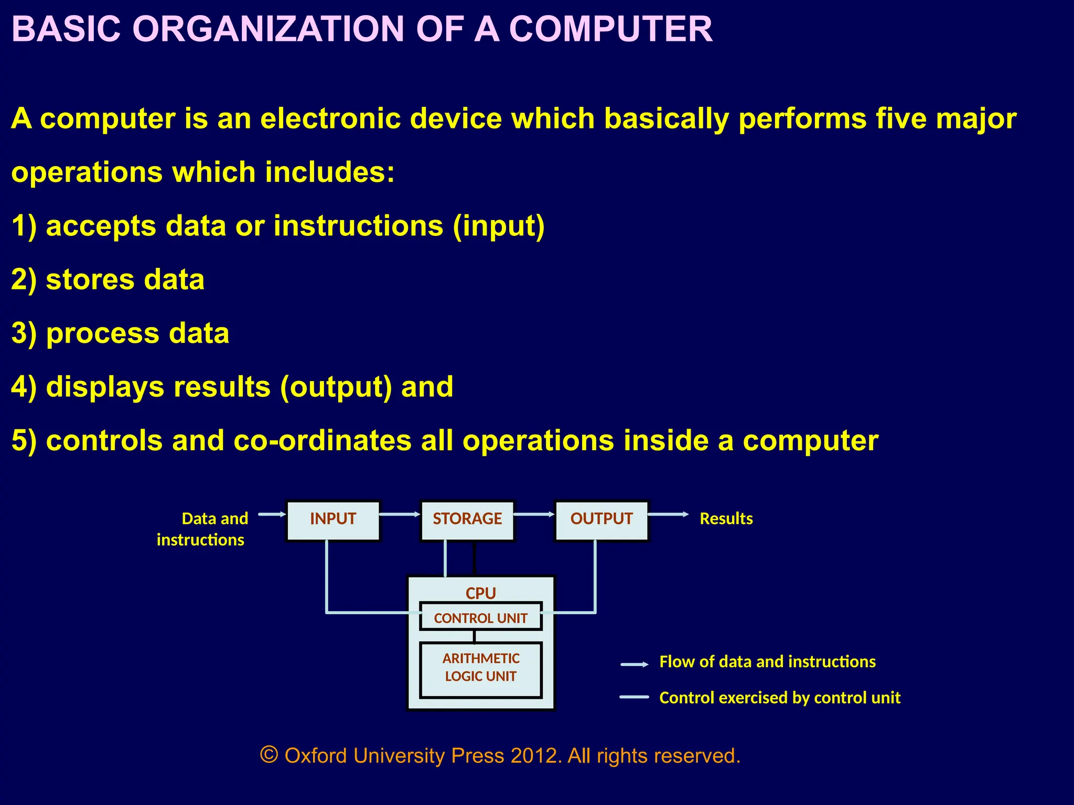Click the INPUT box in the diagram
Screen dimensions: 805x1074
pyautogui.click(x=333, y=520)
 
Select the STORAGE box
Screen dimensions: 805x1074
pyautogui.click(x=467, y=520)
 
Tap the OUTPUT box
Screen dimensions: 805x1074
pyautogui.click(x=602, y=520)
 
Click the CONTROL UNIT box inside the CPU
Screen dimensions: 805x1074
pyautogui.click(x=480, y=617)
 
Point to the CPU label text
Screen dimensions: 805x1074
pyautogui.click(x=480, y=593)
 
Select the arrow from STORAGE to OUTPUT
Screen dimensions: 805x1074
pyautogui.click(x=534, y=514)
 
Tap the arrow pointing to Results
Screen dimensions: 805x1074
pyautogui.click(x=668, y=514)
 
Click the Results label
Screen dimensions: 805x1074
pyautogui.click(x=726, y=518)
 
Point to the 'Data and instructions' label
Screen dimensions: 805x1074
pyautogui.click(x=202, y=529)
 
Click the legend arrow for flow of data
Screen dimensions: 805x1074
pyautogui.click(x=634, y=664)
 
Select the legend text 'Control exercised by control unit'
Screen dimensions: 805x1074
pyautogui.click(x=779, y=698)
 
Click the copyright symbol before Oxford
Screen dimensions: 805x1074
pyautogui.click(x=268, y=755)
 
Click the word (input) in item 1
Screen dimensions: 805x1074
pyautogui.click(x=499, y=226)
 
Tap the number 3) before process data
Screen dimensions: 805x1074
pyautogui.click(x=24, y=333)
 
